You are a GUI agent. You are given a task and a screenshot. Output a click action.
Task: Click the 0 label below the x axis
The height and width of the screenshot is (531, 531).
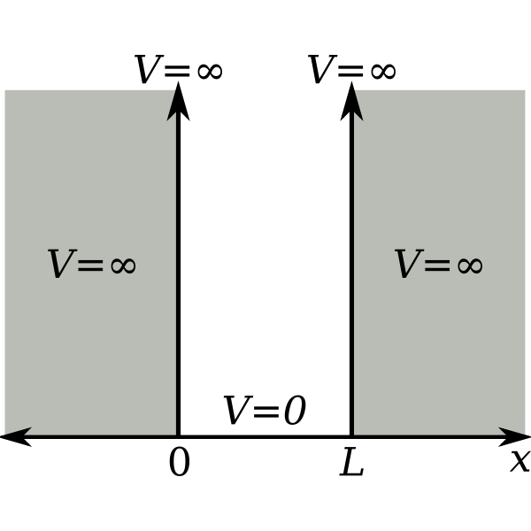179,463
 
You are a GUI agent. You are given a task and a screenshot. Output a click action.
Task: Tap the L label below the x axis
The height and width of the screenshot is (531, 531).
352,463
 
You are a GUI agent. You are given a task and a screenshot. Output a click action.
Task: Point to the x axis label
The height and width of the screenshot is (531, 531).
519,461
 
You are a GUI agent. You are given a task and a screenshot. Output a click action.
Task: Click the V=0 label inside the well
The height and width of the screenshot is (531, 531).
264,412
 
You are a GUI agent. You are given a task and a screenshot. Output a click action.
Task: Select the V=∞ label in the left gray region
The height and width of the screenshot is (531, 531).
91,264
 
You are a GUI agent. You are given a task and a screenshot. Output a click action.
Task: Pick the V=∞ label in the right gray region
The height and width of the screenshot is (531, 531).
438,264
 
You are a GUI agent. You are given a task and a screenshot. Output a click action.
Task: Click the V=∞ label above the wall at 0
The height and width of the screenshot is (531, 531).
179,70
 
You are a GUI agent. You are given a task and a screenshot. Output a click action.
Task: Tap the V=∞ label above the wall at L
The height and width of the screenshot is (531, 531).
352,70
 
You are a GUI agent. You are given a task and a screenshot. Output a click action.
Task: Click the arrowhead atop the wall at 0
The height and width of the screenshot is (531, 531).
179,100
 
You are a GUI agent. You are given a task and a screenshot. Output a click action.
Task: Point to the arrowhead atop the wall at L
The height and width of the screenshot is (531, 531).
351,100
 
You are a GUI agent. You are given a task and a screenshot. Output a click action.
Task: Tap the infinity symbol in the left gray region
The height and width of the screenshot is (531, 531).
118,265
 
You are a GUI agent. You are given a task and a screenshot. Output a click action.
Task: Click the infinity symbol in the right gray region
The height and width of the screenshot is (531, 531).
464,265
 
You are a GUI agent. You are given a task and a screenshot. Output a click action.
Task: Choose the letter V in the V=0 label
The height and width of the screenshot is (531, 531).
236,412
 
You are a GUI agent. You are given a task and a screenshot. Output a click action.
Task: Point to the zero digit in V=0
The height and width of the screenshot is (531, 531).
293,412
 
